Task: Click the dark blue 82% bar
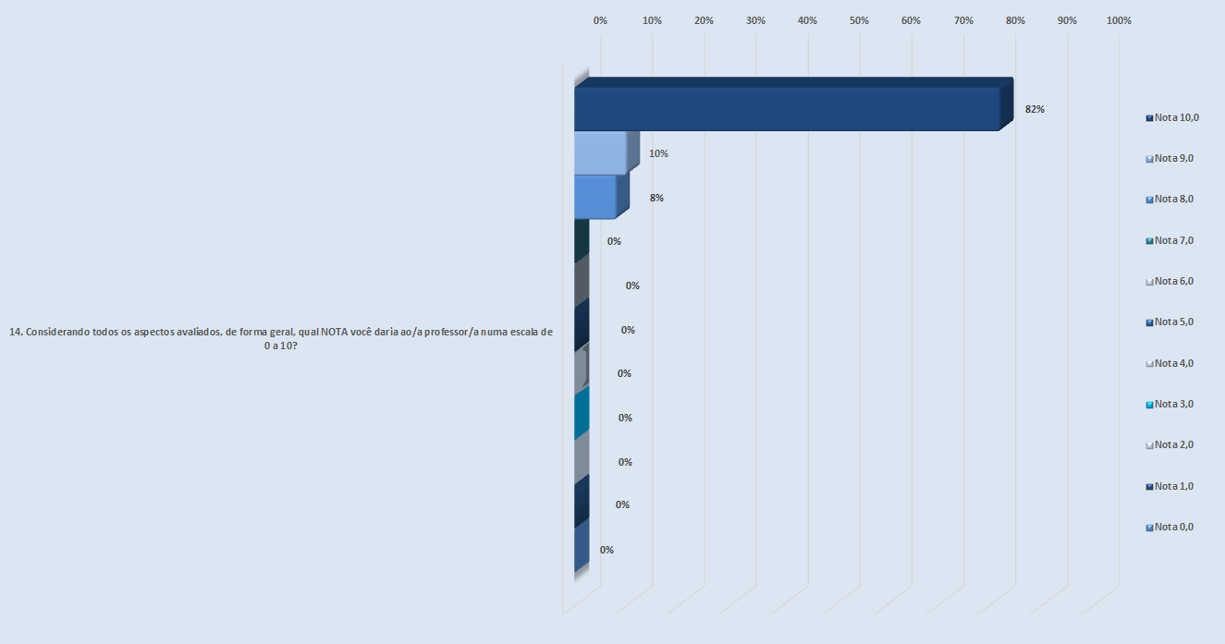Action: [786, 109]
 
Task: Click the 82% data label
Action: [1035, 109]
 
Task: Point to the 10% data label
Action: [658, 153]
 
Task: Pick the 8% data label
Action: [656, 198]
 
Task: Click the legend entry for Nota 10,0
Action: [1171, 117]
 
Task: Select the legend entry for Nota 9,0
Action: [1170, 158]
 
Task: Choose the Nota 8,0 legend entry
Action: [1170, 199]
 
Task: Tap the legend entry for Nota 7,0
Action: [1170, 240]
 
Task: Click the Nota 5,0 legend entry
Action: [1170, 322]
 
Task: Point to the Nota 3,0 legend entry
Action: [1170, 404]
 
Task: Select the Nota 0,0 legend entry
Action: [1170, 527]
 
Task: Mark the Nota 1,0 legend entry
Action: [1170, 486]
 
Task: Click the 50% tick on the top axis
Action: [860, 20]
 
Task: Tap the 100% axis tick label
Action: [1119, 20]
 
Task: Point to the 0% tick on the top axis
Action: [600, 20]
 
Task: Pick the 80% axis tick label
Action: [1015, 20]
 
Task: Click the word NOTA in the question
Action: [336, 333]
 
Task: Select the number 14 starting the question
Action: [15, 333]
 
